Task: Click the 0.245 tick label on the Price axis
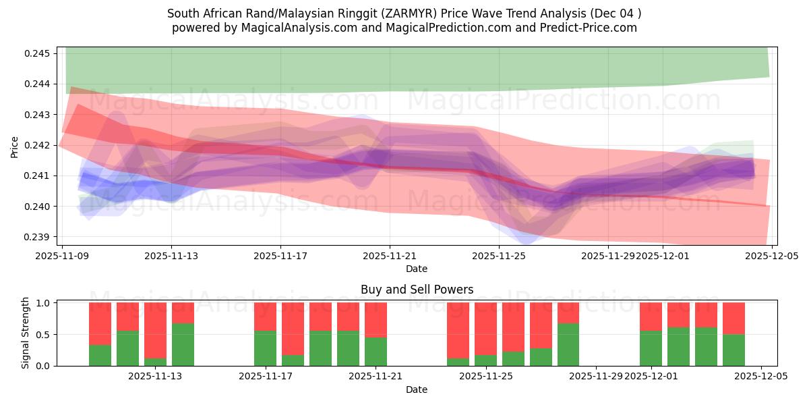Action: [40, 53]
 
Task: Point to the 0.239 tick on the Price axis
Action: [40, 237]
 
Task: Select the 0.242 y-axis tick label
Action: [40, 145]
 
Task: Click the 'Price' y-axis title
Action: [15, 146]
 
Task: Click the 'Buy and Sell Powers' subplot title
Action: [417, 290]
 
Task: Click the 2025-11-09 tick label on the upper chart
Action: [62, 256]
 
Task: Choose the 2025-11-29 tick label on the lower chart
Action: [597, 377]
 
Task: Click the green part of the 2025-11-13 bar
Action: [183, 344]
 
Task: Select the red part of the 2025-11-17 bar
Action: [265, 316]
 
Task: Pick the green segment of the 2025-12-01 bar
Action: [651, 348]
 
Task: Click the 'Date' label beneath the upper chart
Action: [417, 269]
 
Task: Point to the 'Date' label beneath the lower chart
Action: [417, 389]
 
